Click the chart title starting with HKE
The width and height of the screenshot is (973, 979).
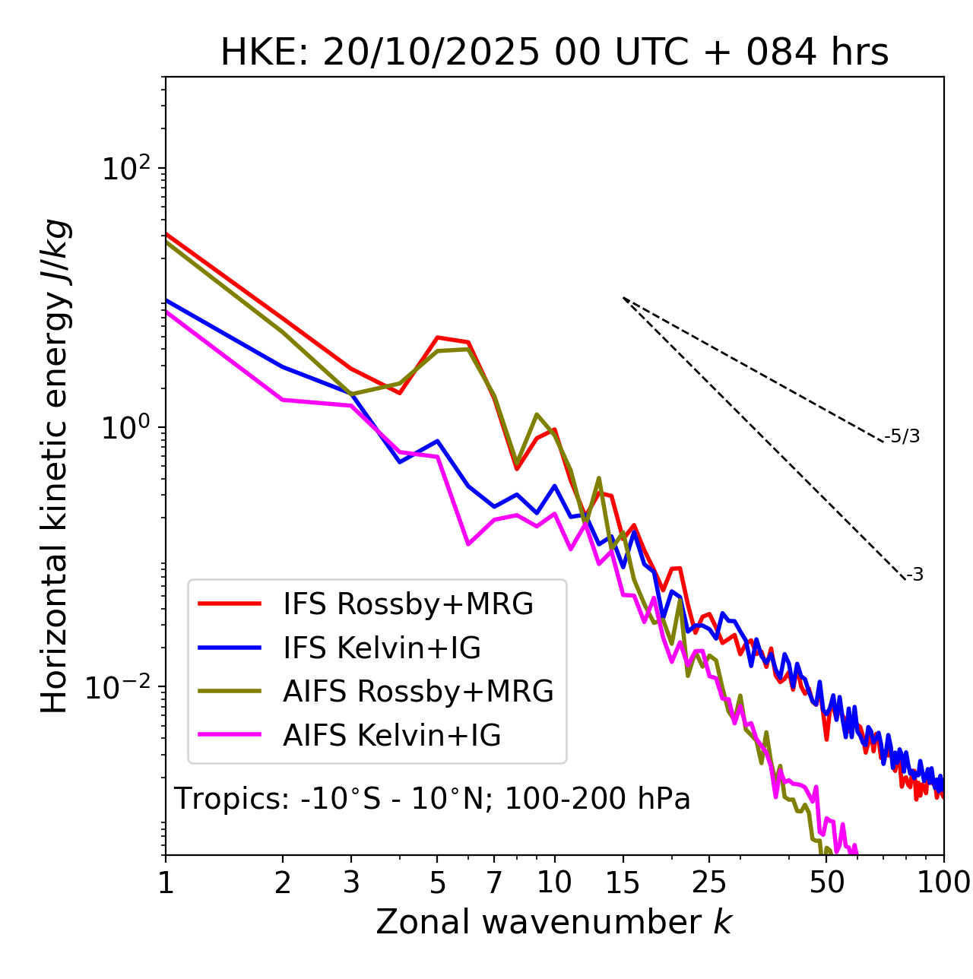(554, 52)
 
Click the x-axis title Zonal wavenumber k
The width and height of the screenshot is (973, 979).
(554, 922)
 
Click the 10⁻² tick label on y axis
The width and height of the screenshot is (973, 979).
(122, 687)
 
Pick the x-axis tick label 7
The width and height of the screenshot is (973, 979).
(494, 882)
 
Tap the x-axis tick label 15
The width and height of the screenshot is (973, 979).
(623, 882)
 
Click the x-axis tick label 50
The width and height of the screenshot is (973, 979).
(826, 882)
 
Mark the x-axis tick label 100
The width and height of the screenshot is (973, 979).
(943, 882)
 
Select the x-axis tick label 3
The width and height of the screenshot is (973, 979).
(351, 882)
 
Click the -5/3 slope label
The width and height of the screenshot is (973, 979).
(902, 436)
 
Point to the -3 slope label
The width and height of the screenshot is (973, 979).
(914, 575)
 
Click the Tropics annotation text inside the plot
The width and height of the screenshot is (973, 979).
(433, 799)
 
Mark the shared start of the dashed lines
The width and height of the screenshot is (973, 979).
(623, 298)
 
